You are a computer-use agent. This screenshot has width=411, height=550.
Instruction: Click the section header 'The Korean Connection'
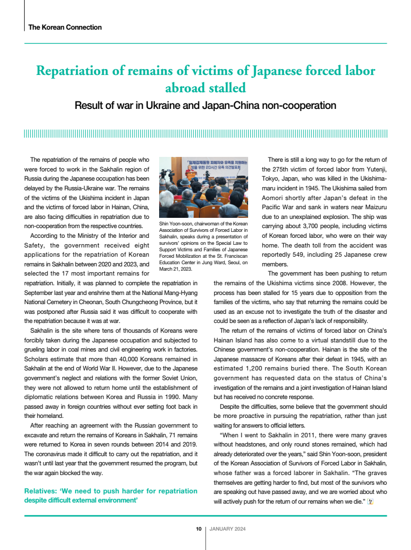pos(65,27)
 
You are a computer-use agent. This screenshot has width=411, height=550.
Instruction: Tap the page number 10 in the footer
pos(198,529)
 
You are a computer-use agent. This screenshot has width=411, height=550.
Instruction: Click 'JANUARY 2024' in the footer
pos(227,529)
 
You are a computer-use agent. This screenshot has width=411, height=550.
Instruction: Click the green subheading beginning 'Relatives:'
pos(111,496)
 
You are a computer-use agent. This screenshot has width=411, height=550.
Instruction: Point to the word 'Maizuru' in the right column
pos(374,207)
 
